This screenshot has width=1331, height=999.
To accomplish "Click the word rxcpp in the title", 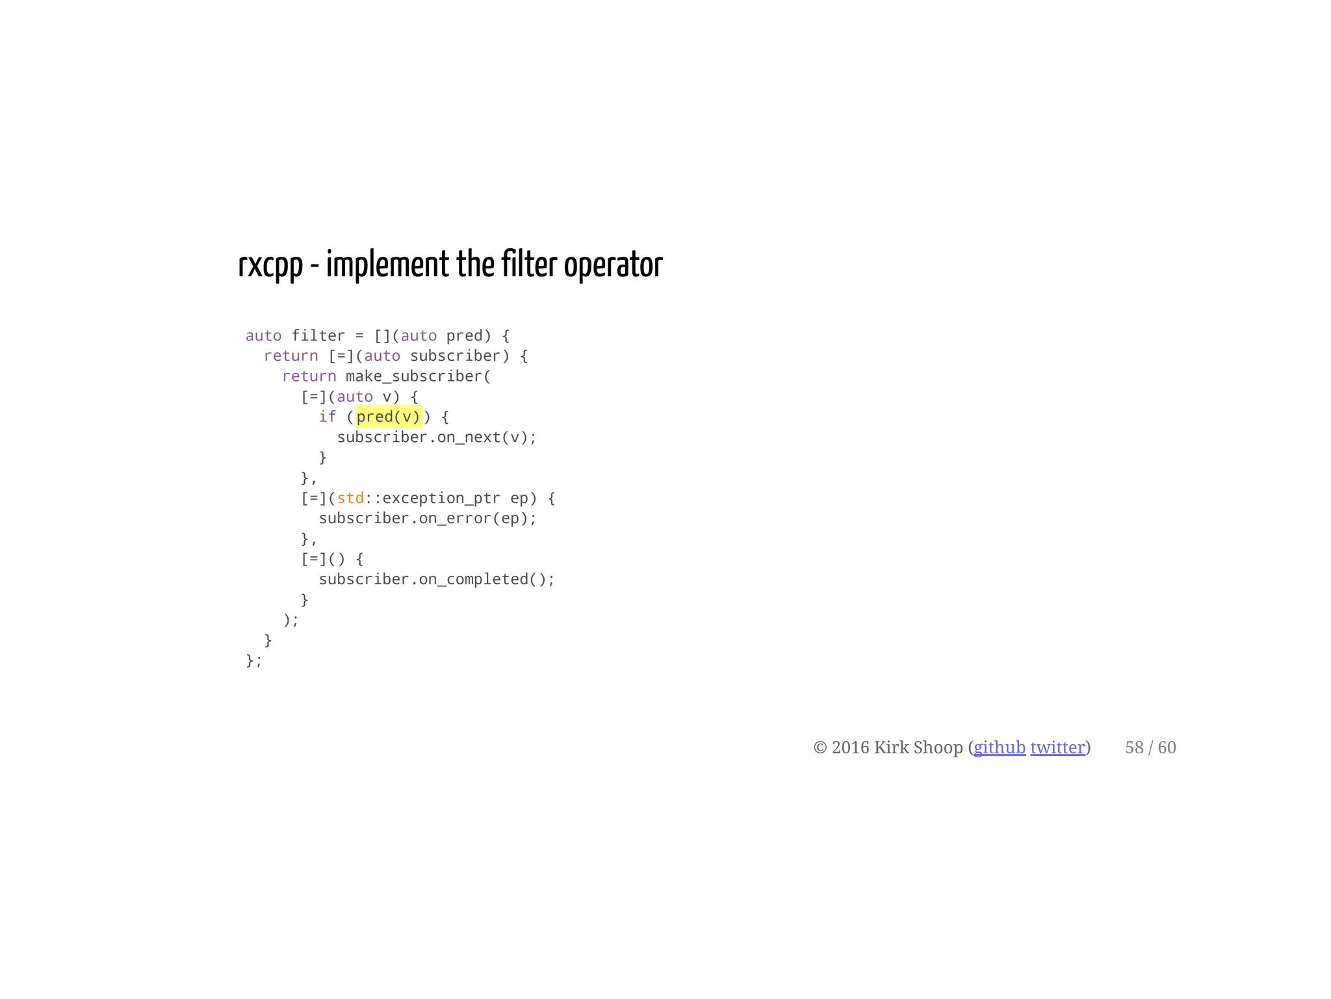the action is [x=270, y=265].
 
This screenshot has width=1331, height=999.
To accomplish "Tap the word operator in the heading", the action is [x=613, y=265].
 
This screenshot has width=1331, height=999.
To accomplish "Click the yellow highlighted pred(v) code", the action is [x=389, y=417].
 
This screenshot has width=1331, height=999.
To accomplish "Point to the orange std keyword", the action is [x=350, y=498].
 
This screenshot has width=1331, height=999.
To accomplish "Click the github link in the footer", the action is [x=999, y=747].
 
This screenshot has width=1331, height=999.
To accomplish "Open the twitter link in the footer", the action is [x=1057, y=747].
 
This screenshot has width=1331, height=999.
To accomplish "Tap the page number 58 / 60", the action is [x=1150, y=747].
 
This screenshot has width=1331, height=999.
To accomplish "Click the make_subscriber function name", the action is [x=414, y=376].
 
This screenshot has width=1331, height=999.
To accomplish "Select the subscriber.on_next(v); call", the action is [x=437, y=437].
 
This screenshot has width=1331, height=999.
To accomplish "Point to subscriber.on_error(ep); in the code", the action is [x=428, y=519].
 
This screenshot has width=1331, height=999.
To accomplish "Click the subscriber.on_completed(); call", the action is [x=437, y=579].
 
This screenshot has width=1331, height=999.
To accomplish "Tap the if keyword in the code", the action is [x=327, y=417].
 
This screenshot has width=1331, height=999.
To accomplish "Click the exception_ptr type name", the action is [x=441, y=498].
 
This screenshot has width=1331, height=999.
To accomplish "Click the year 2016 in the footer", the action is [x=851, y=747].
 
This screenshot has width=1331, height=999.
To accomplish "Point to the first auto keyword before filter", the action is [x=263, y=335].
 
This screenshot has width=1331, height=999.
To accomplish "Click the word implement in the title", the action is [x=387, y=265].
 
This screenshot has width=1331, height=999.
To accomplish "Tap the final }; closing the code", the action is [x=254, y=660].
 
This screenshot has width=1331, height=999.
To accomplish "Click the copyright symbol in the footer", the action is [x=820, y=748].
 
